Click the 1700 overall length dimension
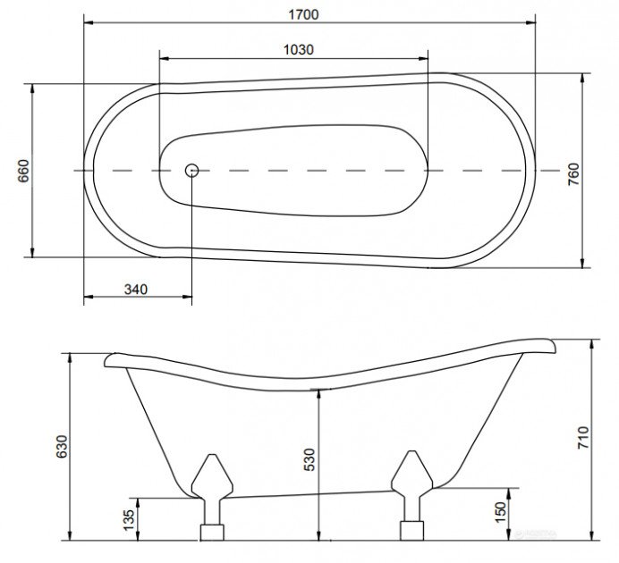[303, 14]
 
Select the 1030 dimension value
[299, 50]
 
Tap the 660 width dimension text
[23, 171]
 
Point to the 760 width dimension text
[573, 174]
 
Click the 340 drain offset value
[136, 290]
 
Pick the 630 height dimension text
[62, 447]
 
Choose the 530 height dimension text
[309, 459]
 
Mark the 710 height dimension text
[583, 437]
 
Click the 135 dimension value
[129, 519]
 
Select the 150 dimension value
[500, 512]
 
